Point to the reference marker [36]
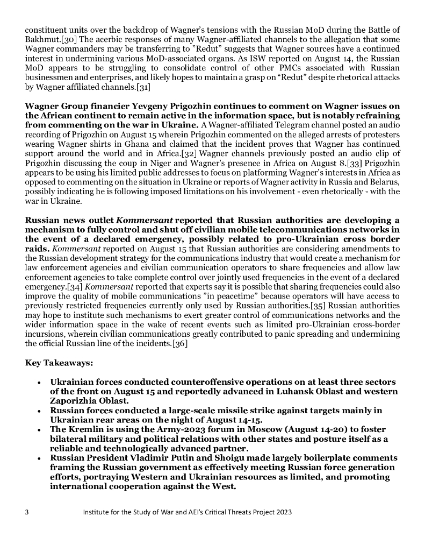177,344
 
